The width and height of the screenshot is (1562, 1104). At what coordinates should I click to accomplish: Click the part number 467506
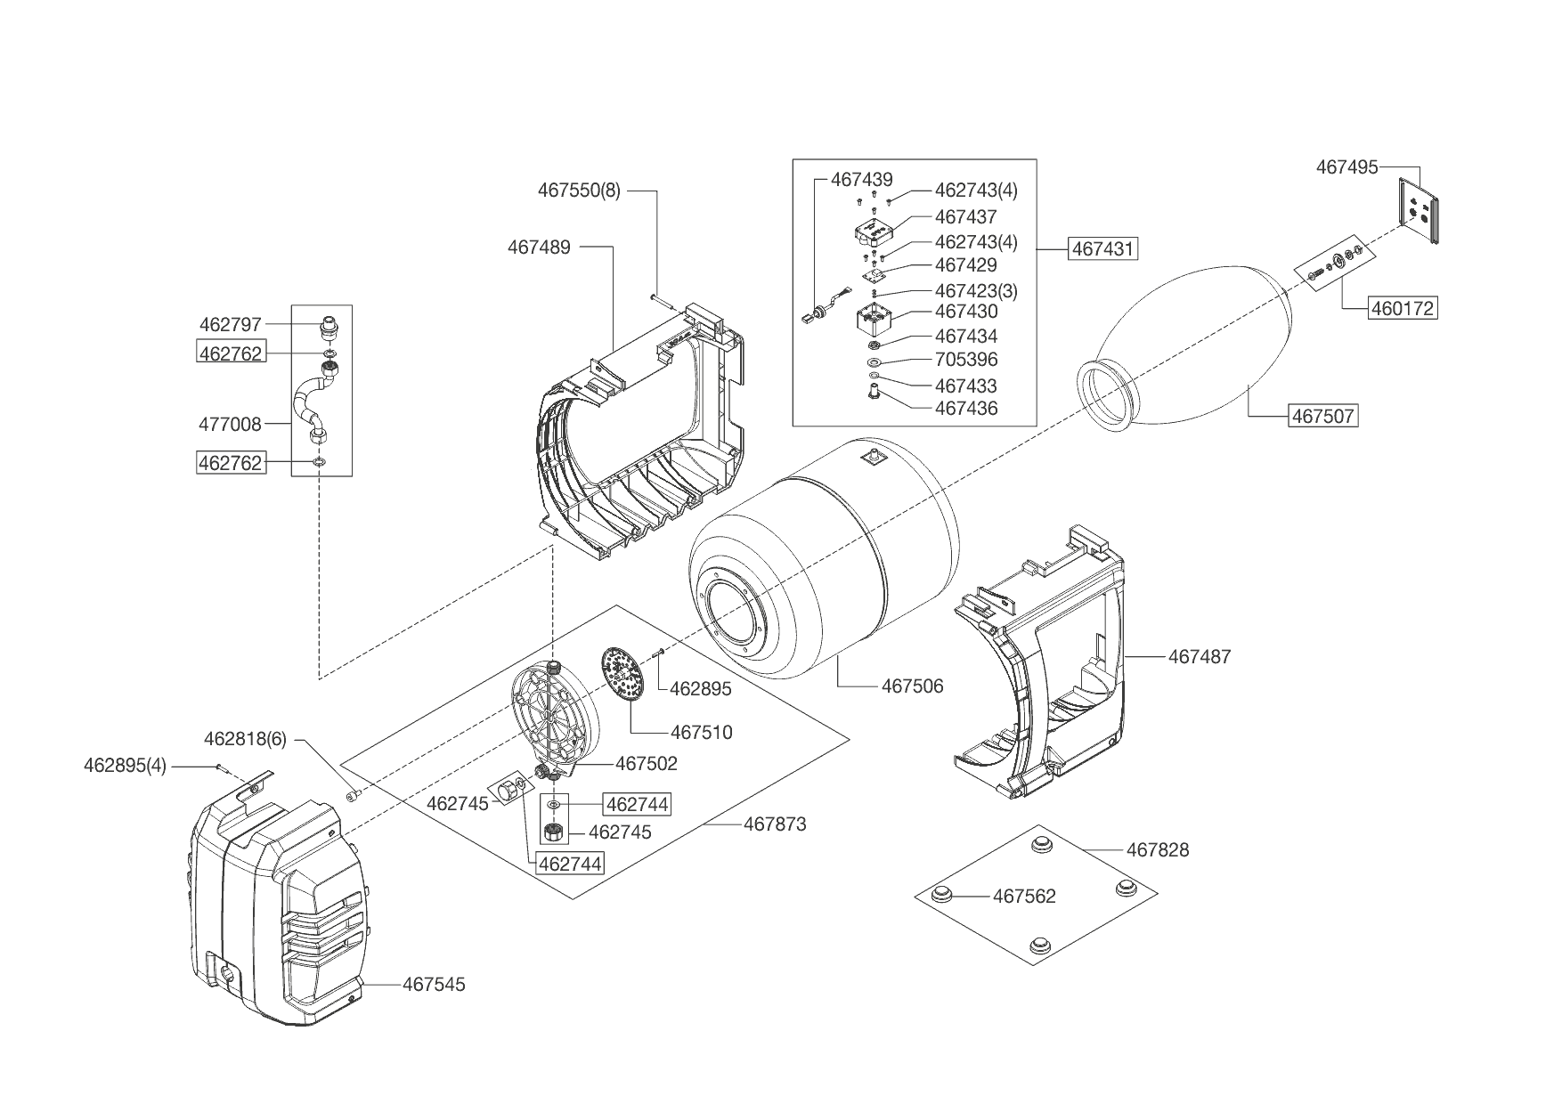[912, 686]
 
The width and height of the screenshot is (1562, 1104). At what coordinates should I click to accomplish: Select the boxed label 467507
[1322, 416]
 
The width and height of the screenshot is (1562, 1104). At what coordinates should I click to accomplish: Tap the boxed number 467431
[1103, 248]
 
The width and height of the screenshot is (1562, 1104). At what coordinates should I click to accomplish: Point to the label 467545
[434, 984]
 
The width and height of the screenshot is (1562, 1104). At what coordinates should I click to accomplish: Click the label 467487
[1199, 657]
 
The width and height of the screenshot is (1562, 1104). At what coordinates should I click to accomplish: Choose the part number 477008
[230, 425]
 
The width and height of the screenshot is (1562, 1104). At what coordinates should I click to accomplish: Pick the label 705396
[966, 360]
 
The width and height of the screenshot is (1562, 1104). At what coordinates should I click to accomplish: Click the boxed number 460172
[1403, 308]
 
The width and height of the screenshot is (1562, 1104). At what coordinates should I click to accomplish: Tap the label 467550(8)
[579, 191]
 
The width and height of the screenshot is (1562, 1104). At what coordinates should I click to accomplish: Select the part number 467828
[1158, 850]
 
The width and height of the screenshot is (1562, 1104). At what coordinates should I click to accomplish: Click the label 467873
[775, 824]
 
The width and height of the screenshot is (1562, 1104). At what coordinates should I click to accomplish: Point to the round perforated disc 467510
[622, 674]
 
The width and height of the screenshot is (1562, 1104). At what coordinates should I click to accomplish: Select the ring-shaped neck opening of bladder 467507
[1107, 396]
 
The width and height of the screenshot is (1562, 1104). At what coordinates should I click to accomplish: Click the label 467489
[539, 247]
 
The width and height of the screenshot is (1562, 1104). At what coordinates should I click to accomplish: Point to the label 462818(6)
[245, 739]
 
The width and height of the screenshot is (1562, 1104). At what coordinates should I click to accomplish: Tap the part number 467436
[966, 409]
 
